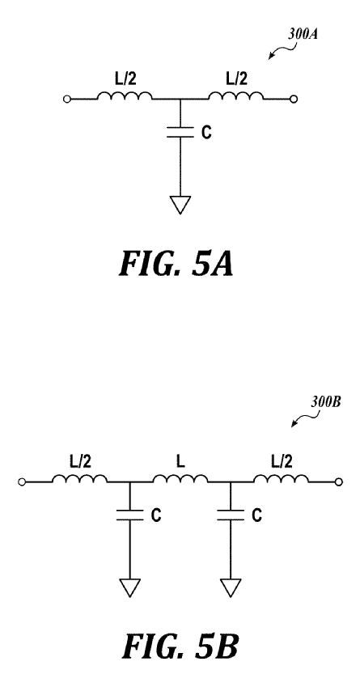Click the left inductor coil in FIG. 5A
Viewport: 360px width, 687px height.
point(125,95)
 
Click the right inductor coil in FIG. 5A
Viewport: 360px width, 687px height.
point(235,95)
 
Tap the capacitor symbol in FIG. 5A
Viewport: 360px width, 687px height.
point(180,133)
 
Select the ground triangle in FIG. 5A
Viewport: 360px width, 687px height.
point(180,205)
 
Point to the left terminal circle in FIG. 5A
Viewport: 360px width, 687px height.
point(67,100)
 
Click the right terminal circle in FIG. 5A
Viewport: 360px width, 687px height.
point(294,100)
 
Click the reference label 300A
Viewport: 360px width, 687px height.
point(303,35)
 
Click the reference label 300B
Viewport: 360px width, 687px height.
point(326,402)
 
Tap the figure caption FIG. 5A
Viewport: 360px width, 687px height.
point(176,264)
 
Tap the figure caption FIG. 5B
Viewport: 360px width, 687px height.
point(180,647)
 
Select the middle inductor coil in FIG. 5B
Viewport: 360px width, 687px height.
point(180,478)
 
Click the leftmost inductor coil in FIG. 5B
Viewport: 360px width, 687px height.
point(80,478)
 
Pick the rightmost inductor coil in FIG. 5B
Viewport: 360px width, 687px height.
point(281,478)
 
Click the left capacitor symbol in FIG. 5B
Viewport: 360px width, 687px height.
point(129,515)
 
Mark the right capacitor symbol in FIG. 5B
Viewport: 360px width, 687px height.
point(231,515)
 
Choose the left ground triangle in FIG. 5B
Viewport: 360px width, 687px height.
point(129,587)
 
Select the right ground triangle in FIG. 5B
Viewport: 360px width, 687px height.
point(231,587)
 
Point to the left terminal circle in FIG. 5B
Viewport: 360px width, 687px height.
point(22,482)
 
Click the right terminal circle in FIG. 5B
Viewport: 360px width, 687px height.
point(338,482)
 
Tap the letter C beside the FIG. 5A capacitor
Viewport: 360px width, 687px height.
point(206,133)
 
